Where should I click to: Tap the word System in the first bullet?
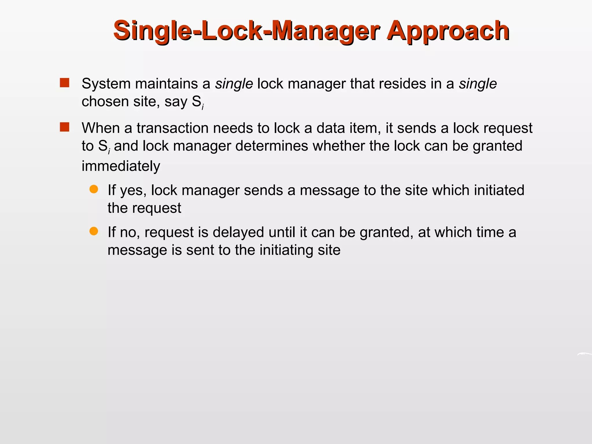pyautogui.click(x=106, y=84)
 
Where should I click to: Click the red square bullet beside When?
pyautogui.click(x=64, y=127)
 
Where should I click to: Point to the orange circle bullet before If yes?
pyautogui.click(x=94, y=189)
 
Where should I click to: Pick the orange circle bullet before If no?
pyautogui.click(x=94, y=231)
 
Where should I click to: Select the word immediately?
pyautogui.click(x=121, y=166)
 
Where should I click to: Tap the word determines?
pyautogui.click(x=272, y=146)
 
